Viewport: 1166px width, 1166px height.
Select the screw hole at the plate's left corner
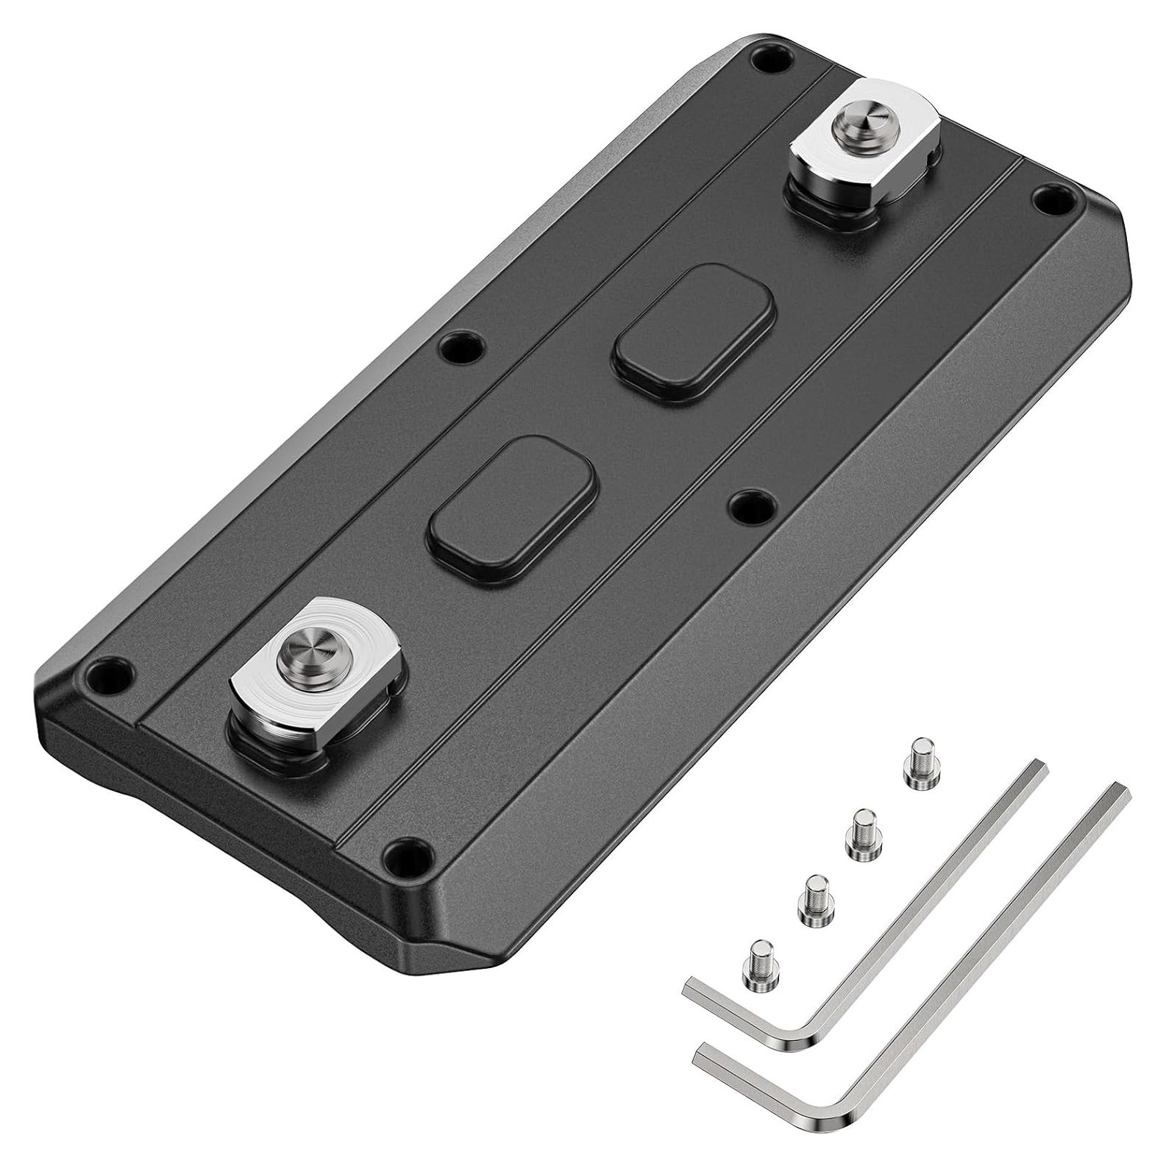click(109, 670)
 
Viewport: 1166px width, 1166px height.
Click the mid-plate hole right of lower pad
click(753, 504)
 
